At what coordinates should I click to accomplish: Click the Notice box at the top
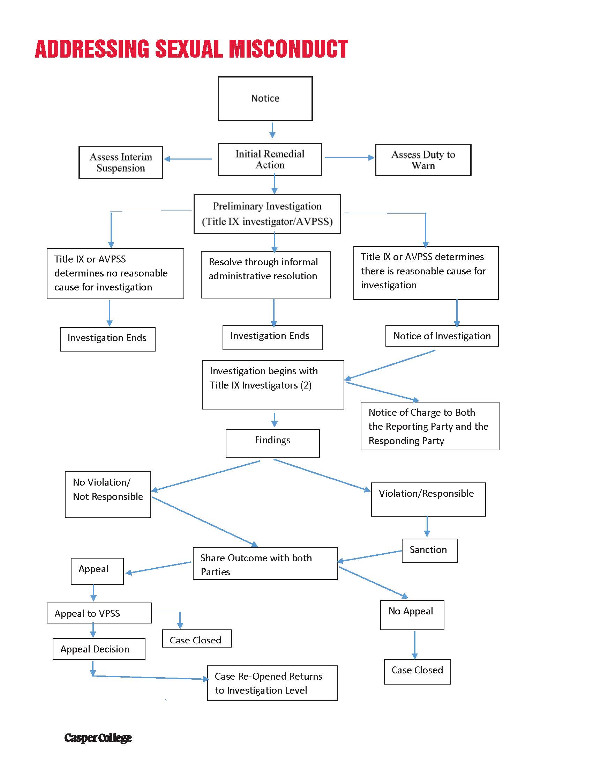(x=265, y=98)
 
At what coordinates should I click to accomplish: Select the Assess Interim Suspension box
(x=120, y=162)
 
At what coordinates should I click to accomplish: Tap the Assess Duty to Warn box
(x=423, y=160)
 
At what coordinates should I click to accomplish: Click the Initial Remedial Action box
(x=270, y=159)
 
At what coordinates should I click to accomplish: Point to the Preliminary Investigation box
(x=267, y=214)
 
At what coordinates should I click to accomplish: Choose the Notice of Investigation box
(x=442, y=336)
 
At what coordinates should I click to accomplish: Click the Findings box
(x=273, y=443)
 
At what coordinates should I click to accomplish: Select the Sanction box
(x=430, y=551)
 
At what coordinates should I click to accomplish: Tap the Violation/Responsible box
(x=428, y=499)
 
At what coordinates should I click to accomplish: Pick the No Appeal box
(x=412, y=615)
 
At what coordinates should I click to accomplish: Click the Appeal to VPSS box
(x=99, y=613)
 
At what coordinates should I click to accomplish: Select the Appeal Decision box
(x=99, y=649)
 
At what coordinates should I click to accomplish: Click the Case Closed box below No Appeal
(x=417, y=672)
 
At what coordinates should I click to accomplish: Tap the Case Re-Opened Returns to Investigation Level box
(x=272, y=683)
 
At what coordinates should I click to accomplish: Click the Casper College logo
(x=98, y=738)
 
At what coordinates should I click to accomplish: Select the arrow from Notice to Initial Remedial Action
(x=272, y=130)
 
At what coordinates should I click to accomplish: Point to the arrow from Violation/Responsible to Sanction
(x=427, y=526)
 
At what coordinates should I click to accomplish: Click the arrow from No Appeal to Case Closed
(x=414, y=645)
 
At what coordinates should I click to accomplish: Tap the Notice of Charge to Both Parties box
(x=430, y=426)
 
